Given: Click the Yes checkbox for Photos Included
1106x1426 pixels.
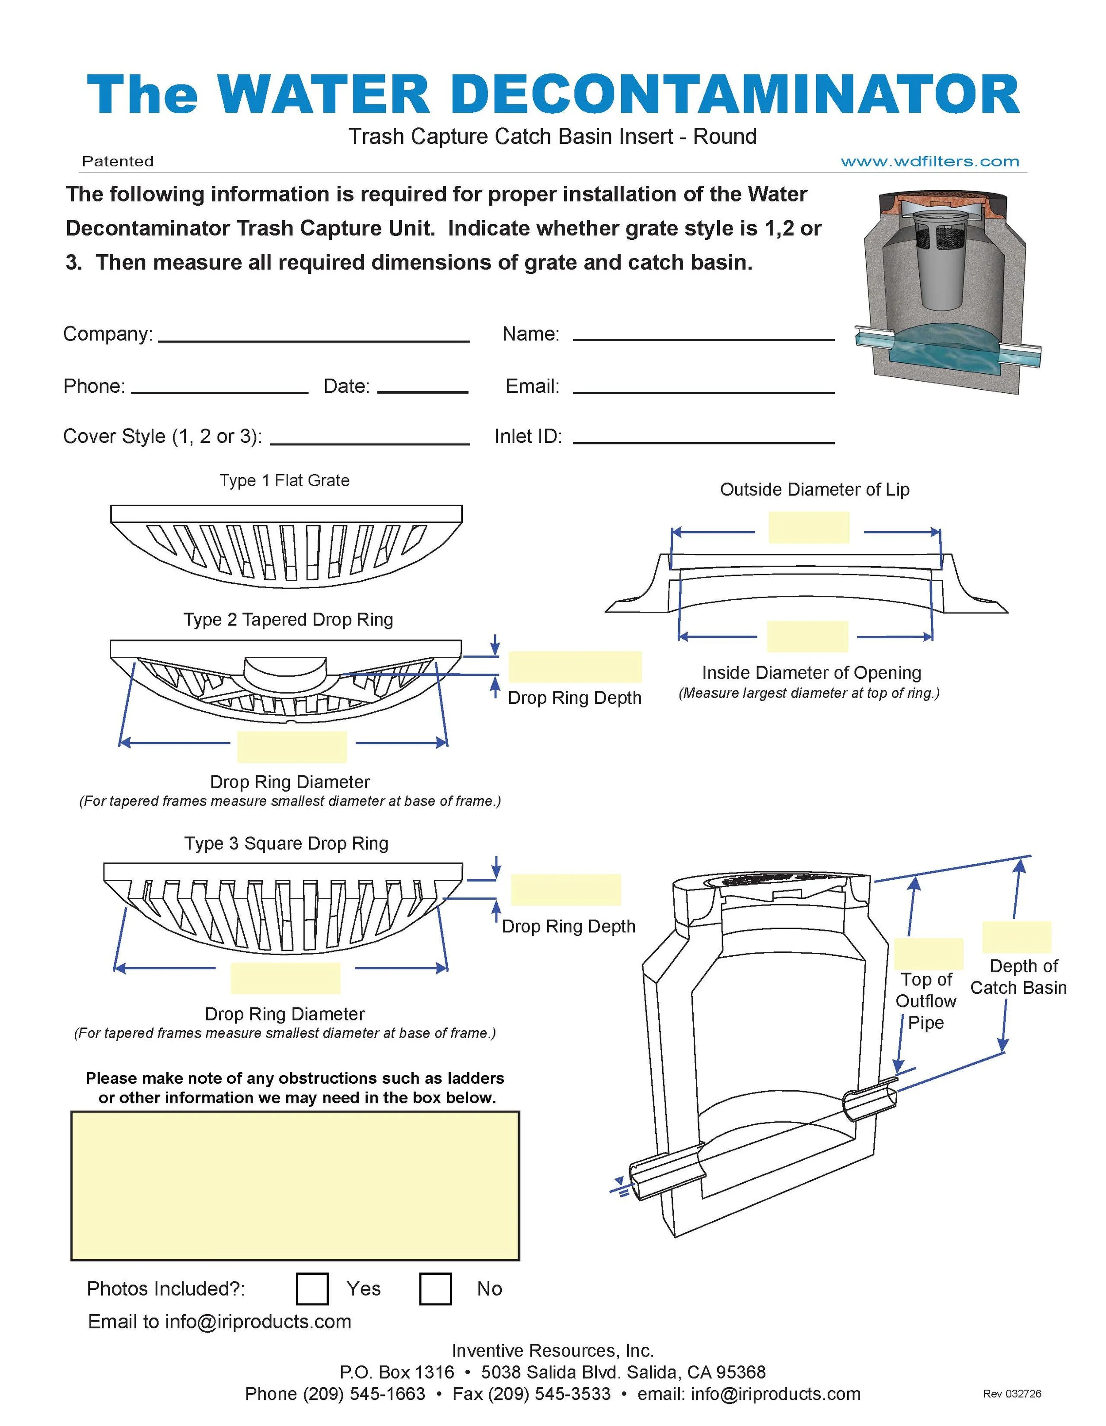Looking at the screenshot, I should tap(311, 1288).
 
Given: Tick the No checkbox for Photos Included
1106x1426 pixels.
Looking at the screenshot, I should tap(435, 1288).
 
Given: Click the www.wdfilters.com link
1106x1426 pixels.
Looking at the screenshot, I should tap(929, 161).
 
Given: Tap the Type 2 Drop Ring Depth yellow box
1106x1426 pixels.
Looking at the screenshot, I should tap(575, 667).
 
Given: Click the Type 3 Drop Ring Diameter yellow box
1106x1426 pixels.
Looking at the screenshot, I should tap(285, 978).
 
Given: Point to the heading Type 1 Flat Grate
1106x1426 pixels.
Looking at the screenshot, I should tap(284, 480).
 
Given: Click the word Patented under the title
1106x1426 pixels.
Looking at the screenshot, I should tap(118, 161).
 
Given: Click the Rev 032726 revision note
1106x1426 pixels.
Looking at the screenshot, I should tap(1011, 1393).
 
